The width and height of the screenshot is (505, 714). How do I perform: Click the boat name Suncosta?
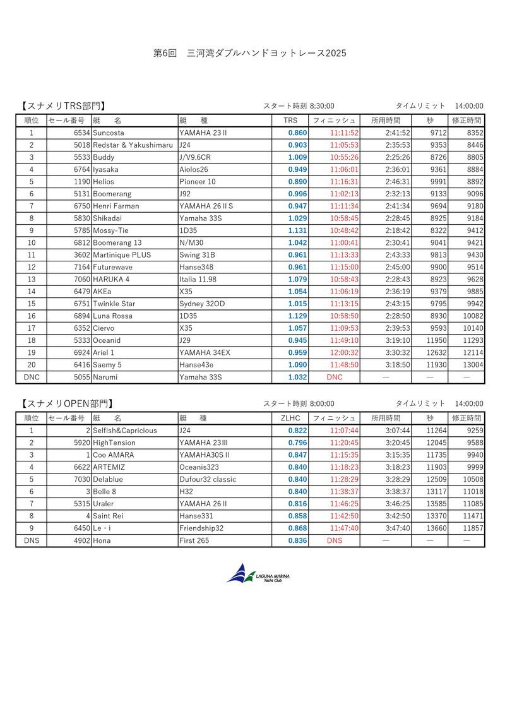coord(109,133)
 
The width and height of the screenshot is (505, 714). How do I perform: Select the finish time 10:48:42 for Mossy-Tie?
coord(344,230)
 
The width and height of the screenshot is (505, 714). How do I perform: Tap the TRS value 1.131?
coord(297,230)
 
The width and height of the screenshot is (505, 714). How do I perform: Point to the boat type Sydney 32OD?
coord(200,304)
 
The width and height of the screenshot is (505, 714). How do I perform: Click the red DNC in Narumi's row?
coord(335,377)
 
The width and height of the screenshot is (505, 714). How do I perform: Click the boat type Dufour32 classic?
coord(208,479)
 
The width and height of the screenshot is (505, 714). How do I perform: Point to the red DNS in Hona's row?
coord(335,540)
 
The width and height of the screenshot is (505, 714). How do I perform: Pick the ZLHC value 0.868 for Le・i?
coord(297,528)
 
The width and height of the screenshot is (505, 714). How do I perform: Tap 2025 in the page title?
coord(336,54)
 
